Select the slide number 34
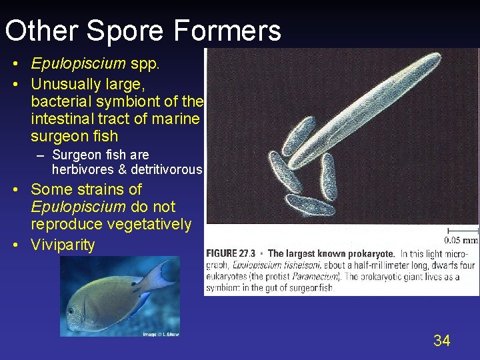pyautogui.click(x=441, y=341)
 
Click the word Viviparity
pyautogui.click(x=63, y=245)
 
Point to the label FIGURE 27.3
pyautogui.click(x=233, y=253)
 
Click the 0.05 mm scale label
pyautogui.click(x=461, y=240)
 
